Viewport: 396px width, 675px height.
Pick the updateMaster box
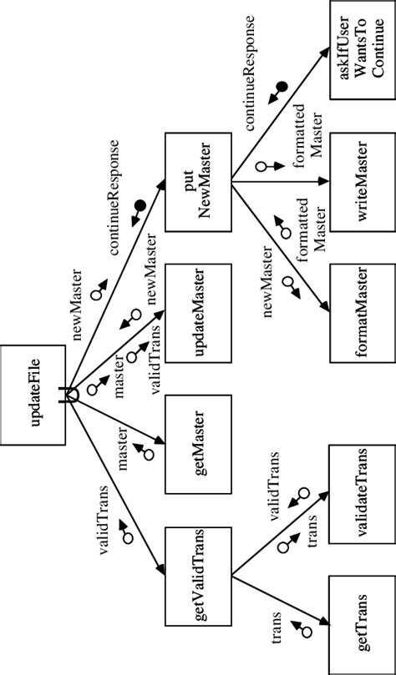pos(198,313)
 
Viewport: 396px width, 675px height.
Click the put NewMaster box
pos(198,182)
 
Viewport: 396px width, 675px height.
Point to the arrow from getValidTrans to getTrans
pos(276,601)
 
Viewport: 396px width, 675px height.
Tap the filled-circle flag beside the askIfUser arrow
pos(282,86)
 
